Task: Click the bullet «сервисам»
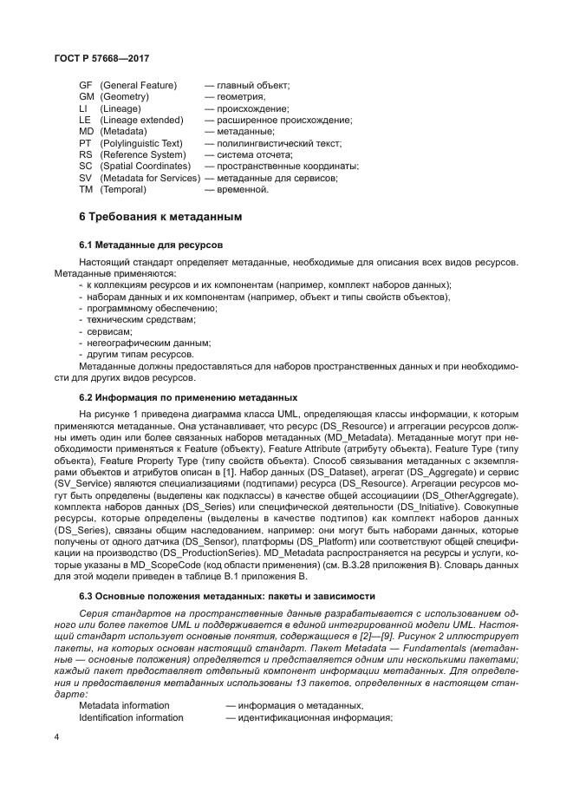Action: (x=107, y=331)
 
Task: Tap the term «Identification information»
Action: (x=132, y=717)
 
